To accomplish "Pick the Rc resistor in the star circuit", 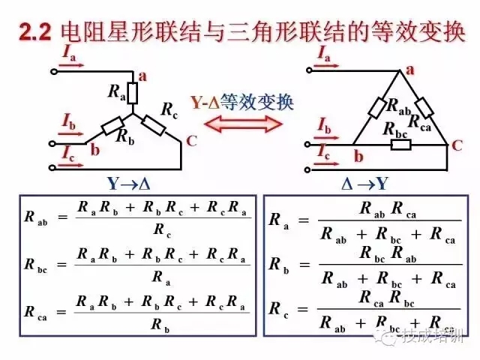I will pos(154,124).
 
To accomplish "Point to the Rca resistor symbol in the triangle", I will pos(424,107).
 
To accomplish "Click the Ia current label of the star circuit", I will pos(68,54).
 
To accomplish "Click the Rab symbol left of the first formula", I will pos(34,218).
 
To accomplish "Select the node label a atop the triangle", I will pos(410,70).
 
